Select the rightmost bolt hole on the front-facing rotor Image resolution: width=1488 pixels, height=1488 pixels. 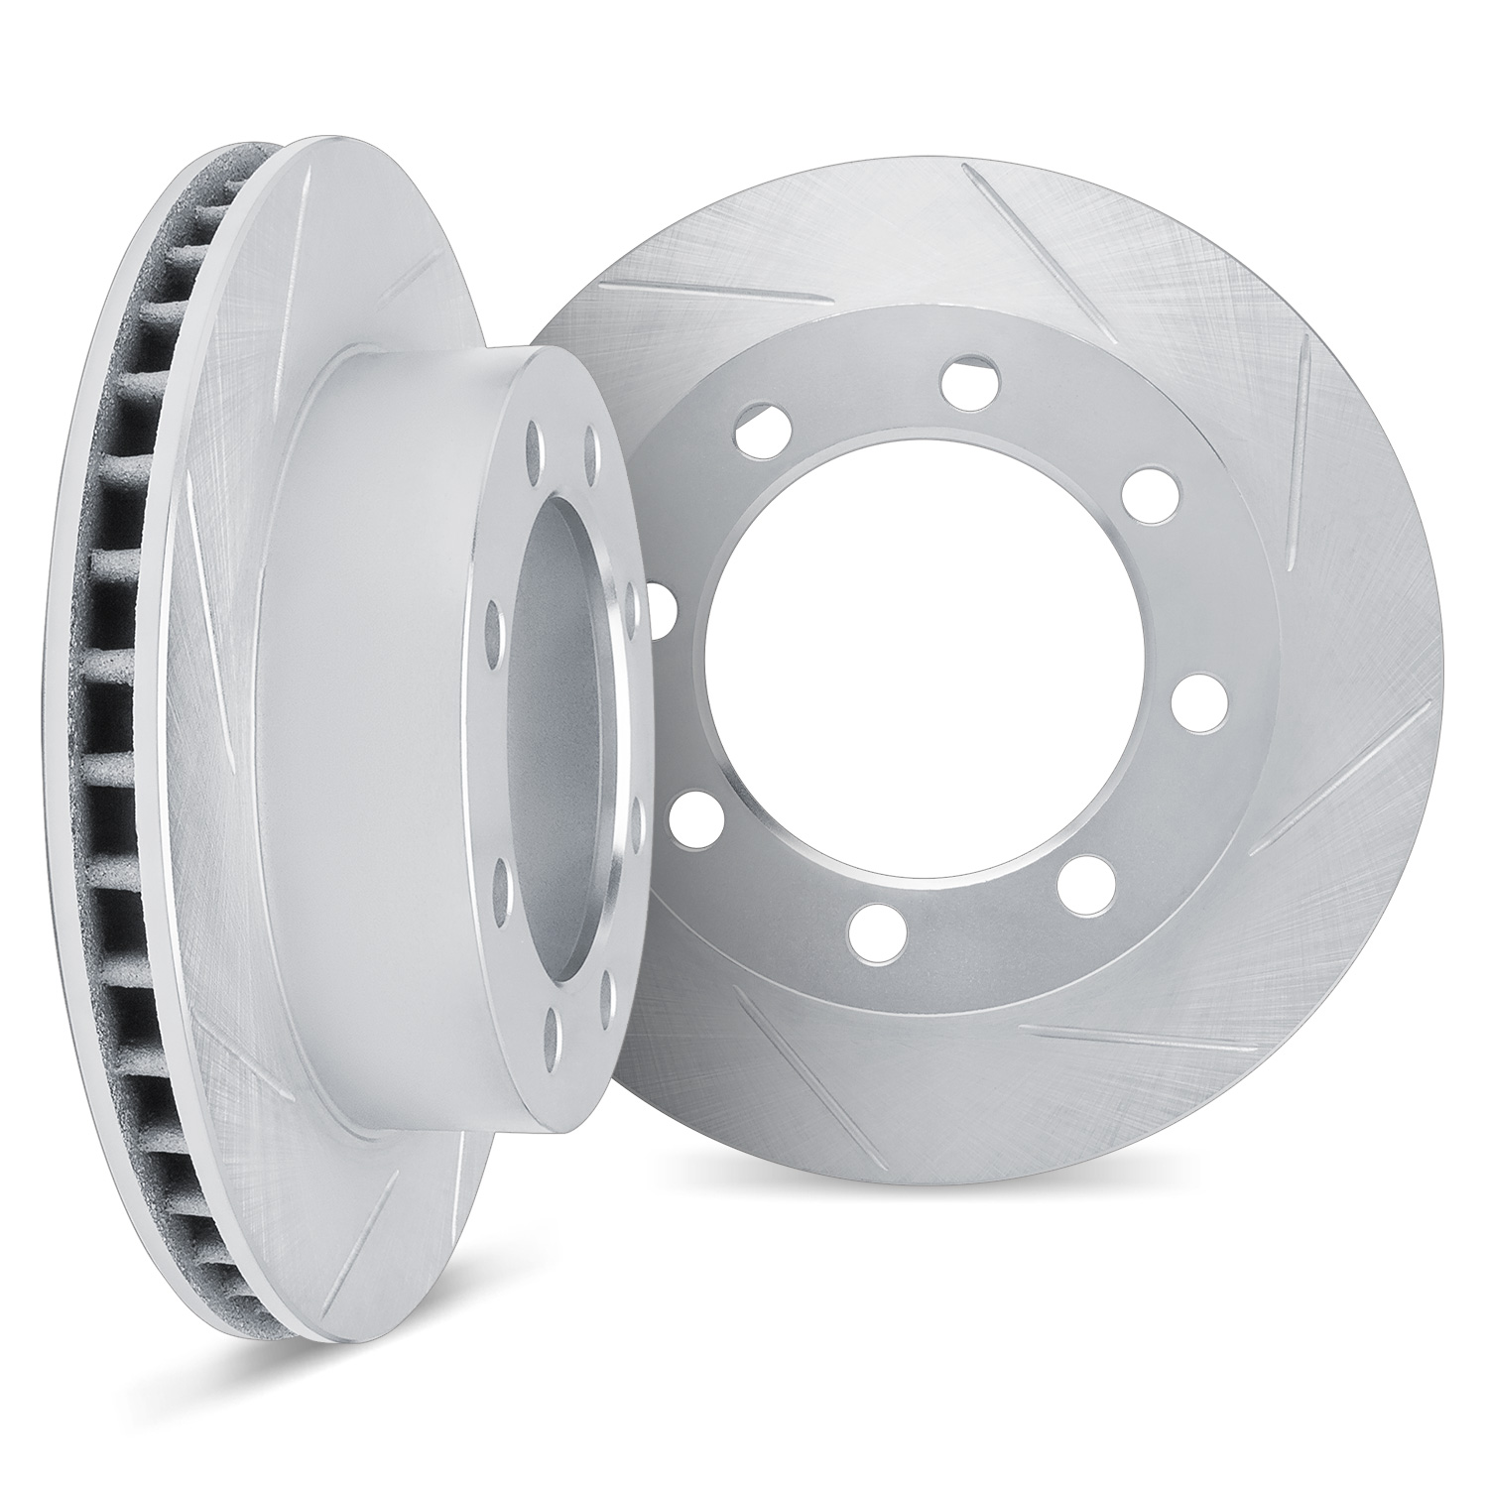(x=1197, y=701)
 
